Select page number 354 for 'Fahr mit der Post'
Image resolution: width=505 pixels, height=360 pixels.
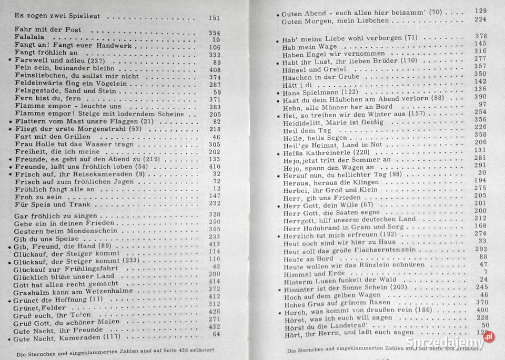click(214, 33)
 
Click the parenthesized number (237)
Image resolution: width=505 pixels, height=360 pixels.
click(109, 61)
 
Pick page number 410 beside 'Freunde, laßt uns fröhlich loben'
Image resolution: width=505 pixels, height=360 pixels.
click(214, 167)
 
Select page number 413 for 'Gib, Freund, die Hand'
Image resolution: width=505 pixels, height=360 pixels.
click(214, 244)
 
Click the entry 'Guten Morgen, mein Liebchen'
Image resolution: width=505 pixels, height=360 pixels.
click(335, 21)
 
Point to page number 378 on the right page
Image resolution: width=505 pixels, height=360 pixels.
click(480, 36)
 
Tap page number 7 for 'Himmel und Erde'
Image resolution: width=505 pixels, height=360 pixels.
click(485, 272)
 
